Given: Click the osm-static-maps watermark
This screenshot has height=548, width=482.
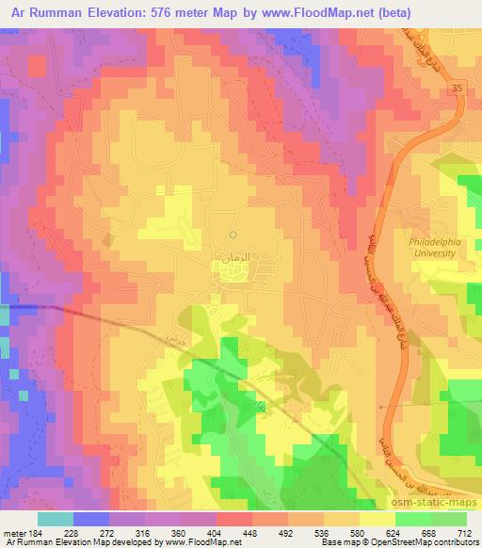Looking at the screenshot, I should [x=441, y=504].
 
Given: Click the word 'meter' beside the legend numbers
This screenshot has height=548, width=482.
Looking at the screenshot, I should [x=15, y=532].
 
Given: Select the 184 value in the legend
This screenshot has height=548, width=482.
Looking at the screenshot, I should [x=37, y=532].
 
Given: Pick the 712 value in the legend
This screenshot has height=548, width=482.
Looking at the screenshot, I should [x=463, y=532].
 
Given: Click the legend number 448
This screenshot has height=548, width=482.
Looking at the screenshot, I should [x=250, y=532].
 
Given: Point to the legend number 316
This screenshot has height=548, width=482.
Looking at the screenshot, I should [x=144, y=532].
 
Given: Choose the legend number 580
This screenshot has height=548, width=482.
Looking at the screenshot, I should [x=357, y=532].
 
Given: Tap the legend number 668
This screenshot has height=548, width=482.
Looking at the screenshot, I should [x=428, y=532].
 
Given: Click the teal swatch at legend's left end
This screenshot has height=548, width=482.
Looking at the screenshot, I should [x=55, y=519].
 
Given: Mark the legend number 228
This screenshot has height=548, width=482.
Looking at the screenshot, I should [x=72, y=532].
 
